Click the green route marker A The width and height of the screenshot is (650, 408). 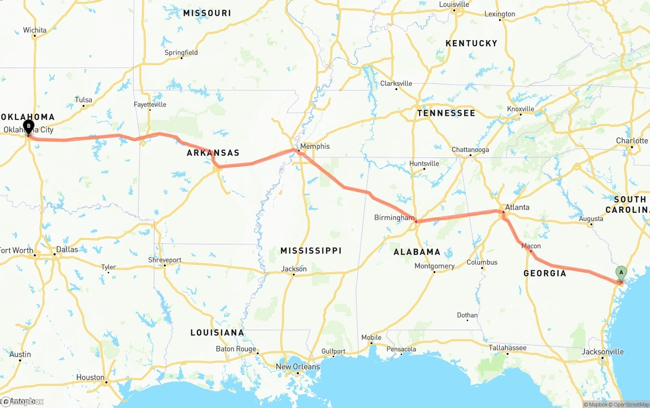point(621,273)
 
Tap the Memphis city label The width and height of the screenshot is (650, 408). point(314,146)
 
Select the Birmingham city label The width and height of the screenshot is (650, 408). point(394,217)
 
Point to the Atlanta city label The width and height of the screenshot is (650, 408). point(517,207)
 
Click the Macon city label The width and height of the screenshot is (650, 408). point(531,246)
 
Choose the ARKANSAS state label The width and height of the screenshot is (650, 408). point(213,153)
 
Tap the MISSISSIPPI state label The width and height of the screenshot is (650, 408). point(311,250)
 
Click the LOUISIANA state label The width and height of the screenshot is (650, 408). point(217,333)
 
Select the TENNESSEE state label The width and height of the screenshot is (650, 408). point(446,113)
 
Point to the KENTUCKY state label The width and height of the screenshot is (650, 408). point(471,44)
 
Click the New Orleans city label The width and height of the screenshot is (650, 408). point(298,366)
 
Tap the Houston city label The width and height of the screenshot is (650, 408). point(90,377)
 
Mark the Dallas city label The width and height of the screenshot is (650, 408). point(67,249)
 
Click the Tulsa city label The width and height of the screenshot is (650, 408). point(83,100)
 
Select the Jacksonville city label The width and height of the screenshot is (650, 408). point(603,352)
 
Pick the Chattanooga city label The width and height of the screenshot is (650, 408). point(470,150)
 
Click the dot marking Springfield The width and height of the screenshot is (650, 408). point(181,58)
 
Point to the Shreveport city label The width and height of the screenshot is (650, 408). point(165,260)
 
